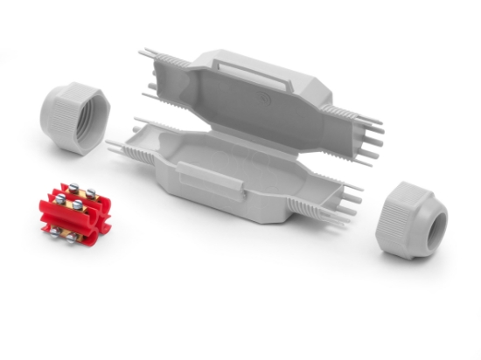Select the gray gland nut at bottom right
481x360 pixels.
click(410, 219)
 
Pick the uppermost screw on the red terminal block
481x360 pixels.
click(73, 187)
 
